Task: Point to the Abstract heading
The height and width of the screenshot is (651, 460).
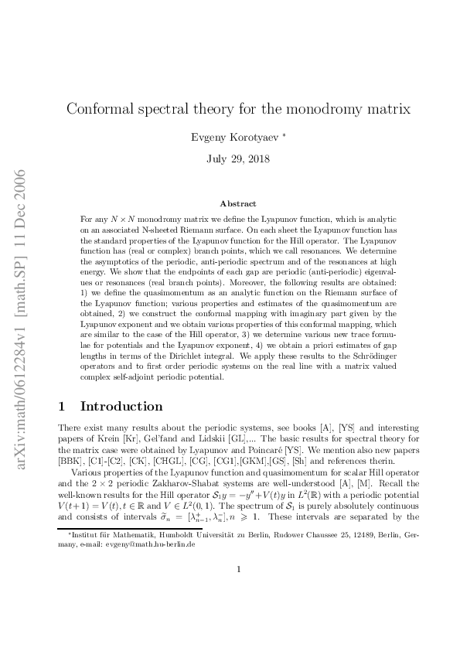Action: tap(238, 203)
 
